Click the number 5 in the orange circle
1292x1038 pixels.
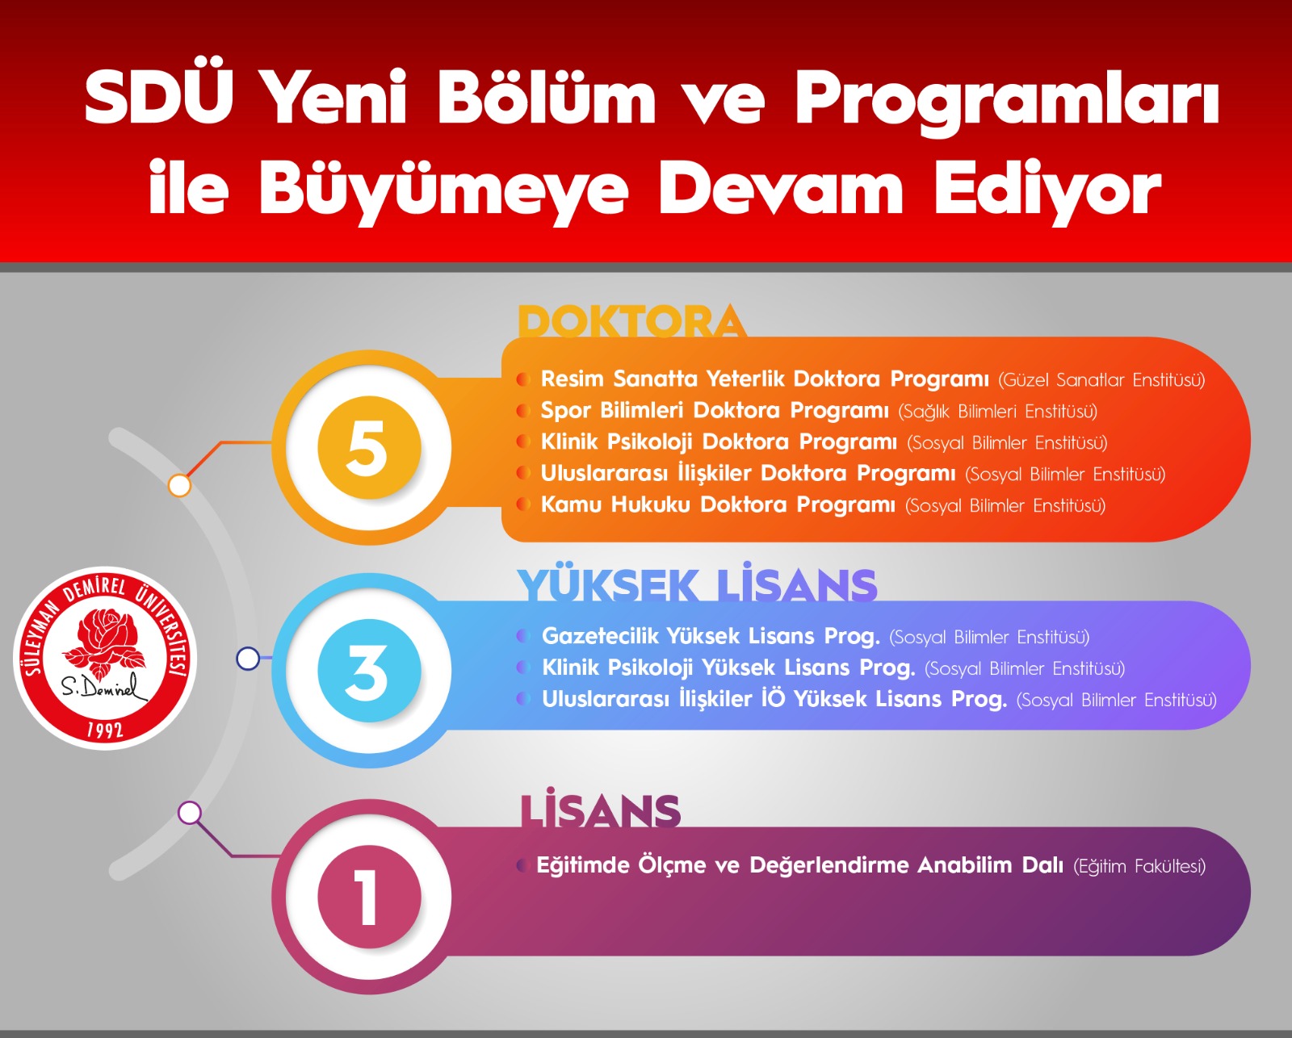point(367,448)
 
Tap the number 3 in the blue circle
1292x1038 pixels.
point(367,672)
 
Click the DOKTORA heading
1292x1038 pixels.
point(631,322)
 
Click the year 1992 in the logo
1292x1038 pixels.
point(105,730)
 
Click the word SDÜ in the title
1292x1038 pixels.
point(159,96)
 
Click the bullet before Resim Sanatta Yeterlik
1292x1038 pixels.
point(523,379)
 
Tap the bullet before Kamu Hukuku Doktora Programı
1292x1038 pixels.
point(523,504)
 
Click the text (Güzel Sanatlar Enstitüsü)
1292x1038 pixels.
point(1101,380)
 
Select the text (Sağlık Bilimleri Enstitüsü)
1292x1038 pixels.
point(998,411)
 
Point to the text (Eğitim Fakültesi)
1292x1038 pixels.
point(1139,866)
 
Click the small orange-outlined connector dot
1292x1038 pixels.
point(179,485)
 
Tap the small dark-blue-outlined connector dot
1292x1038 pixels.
point(248,659)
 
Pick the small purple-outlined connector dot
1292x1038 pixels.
point(190,813)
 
